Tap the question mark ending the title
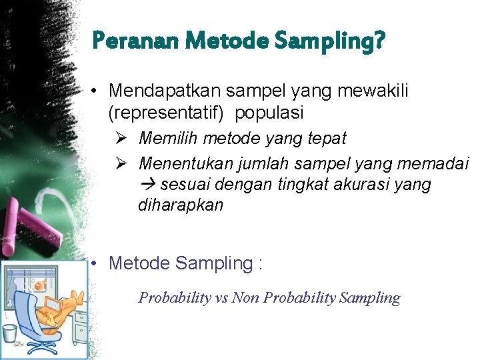[x=379, y=42]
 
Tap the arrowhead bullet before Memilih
[x=120, y=138]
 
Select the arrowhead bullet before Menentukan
[x=120, y=163]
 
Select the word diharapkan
[x=181, y=205]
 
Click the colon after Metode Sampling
[x=259, y=264]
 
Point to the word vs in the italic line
[x=221, y=298]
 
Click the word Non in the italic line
[x=245, y=298]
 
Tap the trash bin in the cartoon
[x=10, y=333]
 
